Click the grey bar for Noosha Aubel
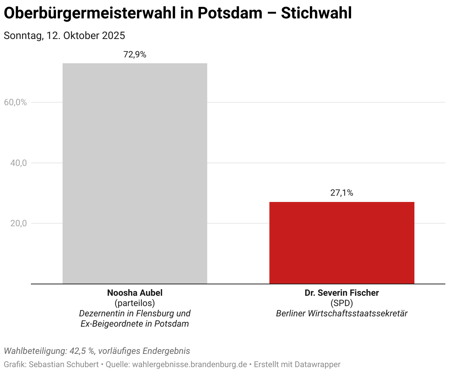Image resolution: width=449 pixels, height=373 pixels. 135,173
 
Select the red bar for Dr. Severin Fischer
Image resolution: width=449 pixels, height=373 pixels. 342,243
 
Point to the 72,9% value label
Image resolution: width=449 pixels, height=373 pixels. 135,55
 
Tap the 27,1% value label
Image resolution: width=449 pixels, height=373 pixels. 342,193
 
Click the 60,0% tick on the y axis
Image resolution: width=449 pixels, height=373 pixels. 15,102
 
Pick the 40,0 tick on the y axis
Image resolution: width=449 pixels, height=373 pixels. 18,163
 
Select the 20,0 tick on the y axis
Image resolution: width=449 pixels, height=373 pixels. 18,223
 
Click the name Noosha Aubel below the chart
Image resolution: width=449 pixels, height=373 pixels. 135,293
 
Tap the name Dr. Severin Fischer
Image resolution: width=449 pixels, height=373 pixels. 342,293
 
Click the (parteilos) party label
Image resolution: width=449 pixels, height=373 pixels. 135,303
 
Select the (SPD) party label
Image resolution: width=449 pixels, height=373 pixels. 342,303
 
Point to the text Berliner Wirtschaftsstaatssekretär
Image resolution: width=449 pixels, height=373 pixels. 342,313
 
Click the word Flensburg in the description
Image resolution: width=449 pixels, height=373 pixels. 155,313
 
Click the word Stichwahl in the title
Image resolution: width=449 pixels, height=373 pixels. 316,13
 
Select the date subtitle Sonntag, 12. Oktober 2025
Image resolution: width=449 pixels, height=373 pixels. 64,36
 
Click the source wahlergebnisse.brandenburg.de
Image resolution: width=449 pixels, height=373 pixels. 190,365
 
